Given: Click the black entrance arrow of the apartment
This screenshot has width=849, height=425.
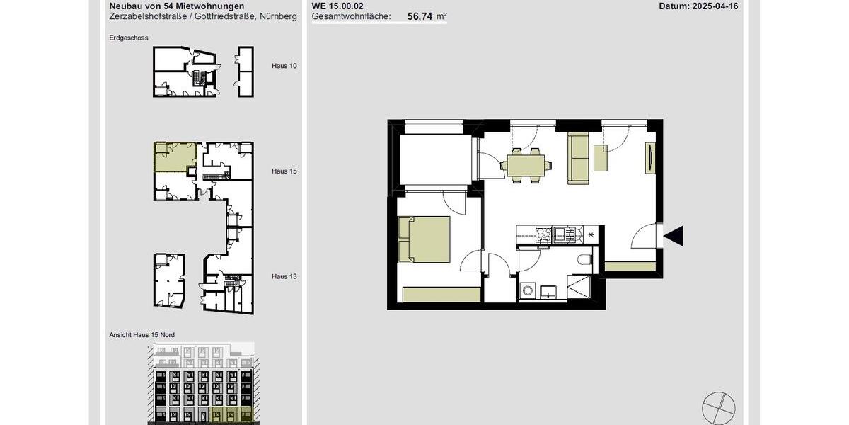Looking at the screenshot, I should pos(674,236).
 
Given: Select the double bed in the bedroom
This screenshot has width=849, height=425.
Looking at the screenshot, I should pos(424,239).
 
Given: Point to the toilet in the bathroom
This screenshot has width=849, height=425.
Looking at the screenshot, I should pos(585,261).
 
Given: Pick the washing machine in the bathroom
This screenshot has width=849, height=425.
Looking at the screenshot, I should pos(527,290).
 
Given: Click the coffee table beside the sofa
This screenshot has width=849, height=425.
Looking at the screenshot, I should pos(601,157).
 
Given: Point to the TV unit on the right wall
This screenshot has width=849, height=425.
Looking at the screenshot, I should pos(649,157).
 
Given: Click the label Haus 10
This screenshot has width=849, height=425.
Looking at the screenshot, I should pos(284,66).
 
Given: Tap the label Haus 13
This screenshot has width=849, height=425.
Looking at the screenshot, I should pos(284,276).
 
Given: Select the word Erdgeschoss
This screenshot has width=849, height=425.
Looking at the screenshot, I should pos(129,38).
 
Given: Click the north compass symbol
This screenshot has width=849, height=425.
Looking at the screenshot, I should pos(718,409).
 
